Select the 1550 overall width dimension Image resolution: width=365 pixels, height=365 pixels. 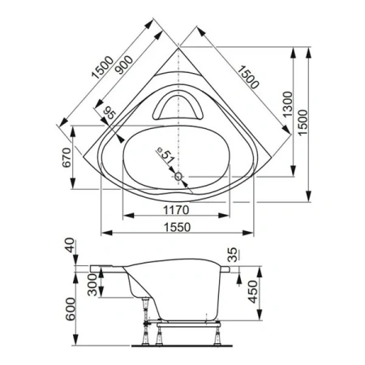pyautogui.click(x=177, y=227)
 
